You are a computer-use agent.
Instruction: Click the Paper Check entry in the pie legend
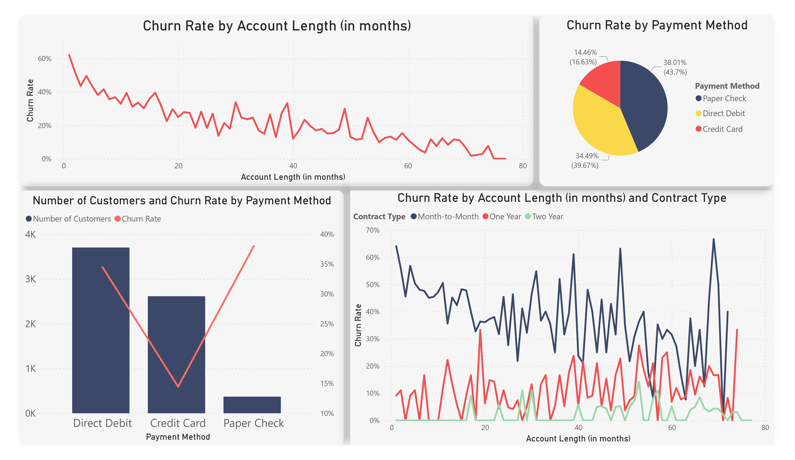tap(724, 99)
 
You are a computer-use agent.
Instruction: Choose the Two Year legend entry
tap(547, 217)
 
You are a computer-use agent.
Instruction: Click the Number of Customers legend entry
tap(71, 219)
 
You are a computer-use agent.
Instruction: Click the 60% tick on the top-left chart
tap(44, 59)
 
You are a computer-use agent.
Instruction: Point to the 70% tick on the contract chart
tap(373, 230)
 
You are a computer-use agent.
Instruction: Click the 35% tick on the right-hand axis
tap(327, 264)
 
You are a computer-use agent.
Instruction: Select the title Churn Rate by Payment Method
tap(657, 25)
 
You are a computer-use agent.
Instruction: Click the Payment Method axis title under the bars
tap(178, 437)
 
